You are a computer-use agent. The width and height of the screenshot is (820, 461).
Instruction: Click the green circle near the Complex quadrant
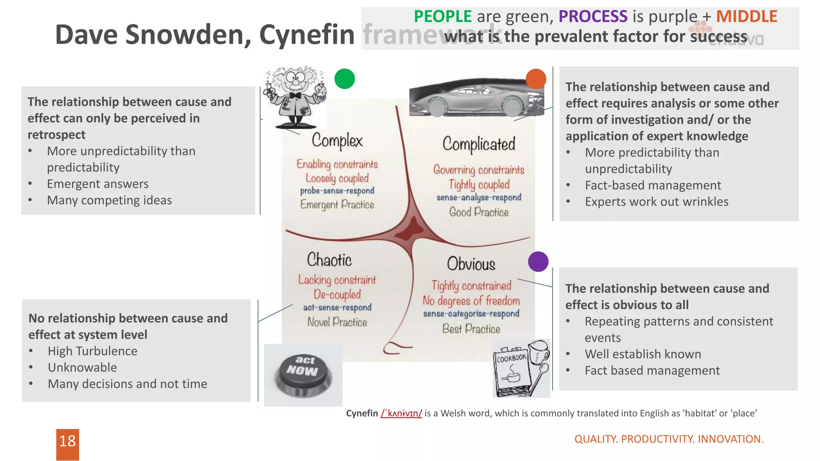click(344, 79)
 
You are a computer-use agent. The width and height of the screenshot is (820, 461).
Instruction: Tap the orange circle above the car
click(536, 79)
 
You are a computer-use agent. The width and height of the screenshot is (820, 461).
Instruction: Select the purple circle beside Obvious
click(538, 262)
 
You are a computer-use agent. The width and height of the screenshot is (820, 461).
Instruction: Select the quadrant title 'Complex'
click(337, 141)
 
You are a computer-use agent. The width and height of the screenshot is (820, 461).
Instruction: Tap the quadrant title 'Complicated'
click(479, 144)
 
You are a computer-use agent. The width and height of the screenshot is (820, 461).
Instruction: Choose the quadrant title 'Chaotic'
click(329, 260)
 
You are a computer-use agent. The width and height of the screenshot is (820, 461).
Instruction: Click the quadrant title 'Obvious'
click(471, 264)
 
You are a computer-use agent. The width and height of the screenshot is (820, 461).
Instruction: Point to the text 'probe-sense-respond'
click(337, 191)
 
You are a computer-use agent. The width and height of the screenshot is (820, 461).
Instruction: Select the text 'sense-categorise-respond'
click(471, 314)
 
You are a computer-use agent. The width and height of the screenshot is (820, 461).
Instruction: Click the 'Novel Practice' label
click(337, 322)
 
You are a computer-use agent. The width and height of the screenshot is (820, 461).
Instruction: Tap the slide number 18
click(67, 442)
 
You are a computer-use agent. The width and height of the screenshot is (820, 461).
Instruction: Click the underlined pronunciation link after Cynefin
click(401, 413)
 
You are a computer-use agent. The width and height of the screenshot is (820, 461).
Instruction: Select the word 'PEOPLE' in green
click(442, 16)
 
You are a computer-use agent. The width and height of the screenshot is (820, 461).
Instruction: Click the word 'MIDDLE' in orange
click(746, 16)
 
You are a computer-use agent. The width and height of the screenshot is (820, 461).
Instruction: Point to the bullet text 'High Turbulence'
click(92, 351)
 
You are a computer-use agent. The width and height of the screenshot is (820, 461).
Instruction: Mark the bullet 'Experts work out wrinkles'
click(657, 202)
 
